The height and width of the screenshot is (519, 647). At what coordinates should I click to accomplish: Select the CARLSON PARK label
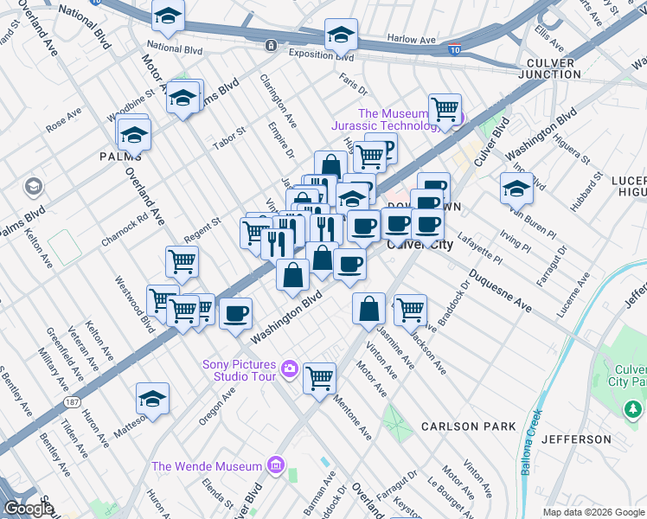[x=468, y=426]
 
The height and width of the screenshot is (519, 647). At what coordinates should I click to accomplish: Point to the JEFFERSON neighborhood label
[x=576, y=439]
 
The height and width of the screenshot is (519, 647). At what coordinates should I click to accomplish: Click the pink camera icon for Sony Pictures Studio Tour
[x=289, y=369]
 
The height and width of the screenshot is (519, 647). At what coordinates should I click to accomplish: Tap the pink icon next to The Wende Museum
[x=276, y=466]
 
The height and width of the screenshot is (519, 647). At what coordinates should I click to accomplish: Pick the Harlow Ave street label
[x=412, y=40]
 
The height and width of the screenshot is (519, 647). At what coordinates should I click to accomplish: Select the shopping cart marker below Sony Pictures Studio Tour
[x=319, y=377]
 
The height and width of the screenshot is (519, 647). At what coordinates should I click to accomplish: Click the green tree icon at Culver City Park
[x=633, y=407]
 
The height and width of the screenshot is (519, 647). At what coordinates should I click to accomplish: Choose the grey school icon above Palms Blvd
[x=34, y=186]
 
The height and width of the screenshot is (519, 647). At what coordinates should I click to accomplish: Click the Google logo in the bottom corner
[x=29, y=509]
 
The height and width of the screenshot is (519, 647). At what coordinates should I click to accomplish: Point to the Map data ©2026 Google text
[x=593, y=512]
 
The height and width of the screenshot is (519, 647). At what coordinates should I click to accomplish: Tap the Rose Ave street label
[x=63, y=120]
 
